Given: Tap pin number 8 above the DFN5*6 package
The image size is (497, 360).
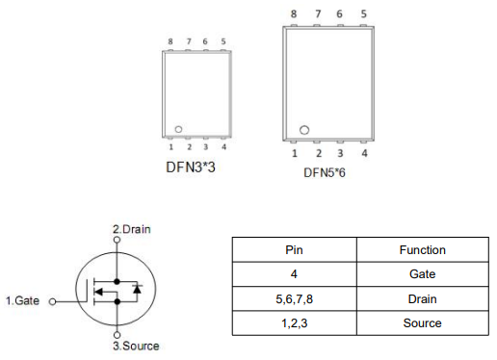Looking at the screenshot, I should point(294,13).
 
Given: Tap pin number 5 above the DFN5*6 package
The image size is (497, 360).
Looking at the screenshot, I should point(363,13).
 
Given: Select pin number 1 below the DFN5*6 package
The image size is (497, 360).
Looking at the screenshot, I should point(295,153).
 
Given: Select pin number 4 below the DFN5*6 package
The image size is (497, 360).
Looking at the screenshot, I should point(364,153).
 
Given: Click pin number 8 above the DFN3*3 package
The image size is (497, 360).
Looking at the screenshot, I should point(170,41).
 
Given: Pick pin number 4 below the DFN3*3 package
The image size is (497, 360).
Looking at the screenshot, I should point(223,147).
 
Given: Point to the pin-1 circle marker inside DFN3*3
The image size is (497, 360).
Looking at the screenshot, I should point(178,129).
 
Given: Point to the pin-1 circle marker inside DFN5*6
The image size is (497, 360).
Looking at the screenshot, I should point(304,130).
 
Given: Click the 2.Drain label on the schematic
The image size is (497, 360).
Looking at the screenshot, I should point(132,229).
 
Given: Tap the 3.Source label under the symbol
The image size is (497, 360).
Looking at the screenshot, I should point(136,346).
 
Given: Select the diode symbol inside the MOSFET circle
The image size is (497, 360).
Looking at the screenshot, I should point(137,288).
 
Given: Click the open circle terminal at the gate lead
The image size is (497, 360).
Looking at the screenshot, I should point(53,301).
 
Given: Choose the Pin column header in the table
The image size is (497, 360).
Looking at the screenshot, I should point(295,250).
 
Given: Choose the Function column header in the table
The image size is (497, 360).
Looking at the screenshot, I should point(422,250).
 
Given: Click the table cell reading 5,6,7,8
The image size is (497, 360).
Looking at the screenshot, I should point(295,299).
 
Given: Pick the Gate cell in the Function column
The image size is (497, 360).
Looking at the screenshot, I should point(422,274).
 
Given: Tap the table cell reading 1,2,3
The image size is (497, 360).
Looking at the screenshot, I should point(295,323).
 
